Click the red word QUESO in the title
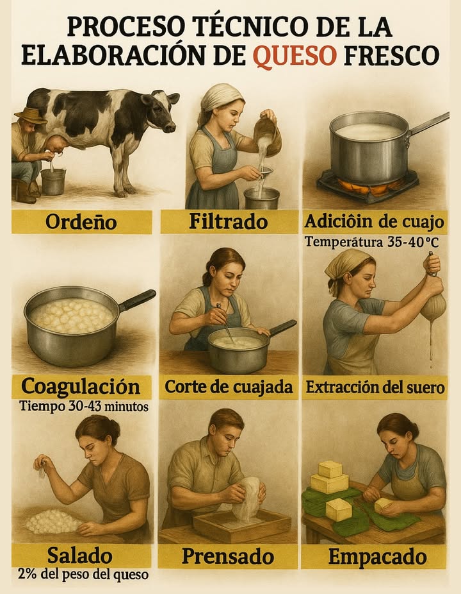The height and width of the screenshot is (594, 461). point(295,55)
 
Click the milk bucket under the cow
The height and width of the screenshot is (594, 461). point(53,182)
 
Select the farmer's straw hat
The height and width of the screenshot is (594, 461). point(30,115)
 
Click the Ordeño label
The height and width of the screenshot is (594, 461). point(81,222)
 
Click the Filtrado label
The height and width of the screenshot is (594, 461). point(229,222)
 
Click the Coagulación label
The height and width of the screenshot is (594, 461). point(81,387)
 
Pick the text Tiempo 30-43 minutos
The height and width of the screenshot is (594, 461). point(84,406)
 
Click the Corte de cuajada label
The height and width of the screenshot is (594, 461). point(229,387)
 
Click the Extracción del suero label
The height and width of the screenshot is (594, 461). point(375,387)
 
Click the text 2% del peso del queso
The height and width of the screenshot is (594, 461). point(83,574)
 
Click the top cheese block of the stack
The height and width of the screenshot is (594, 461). point(330,469)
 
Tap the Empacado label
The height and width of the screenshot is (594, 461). point(373,556)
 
